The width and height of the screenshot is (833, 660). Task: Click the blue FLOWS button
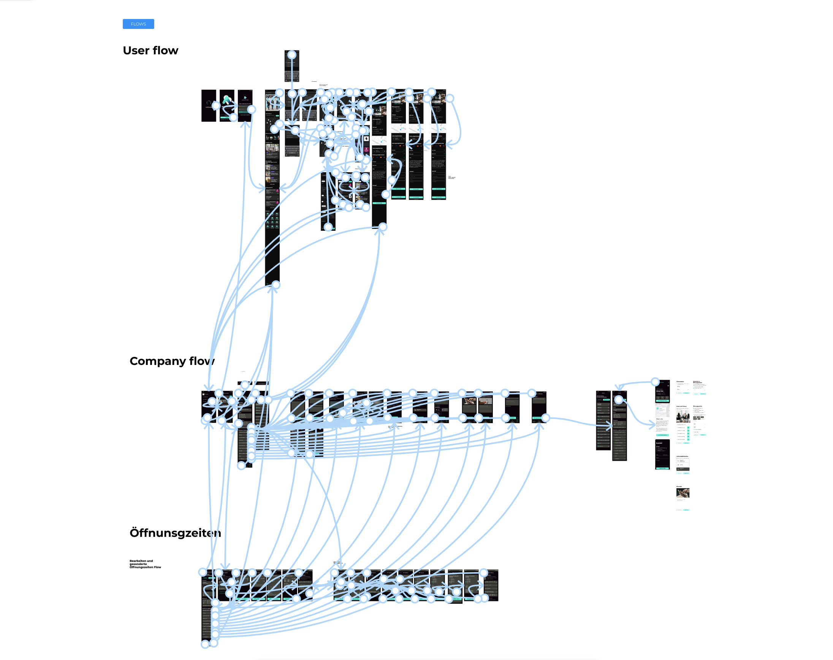[x=138, y=24]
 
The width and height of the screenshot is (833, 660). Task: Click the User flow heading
[x=150, y=51]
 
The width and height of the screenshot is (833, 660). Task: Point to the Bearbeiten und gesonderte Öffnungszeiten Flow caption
[x=145, y=564]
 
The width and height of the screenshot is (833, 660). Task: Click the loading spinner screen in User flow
[x=208, y=105]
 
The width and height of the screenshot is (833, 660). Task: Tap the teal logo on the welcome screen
[x=227, y=99]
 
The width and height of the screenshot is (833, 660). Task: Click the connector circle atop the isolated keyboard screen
[x=292, y=55]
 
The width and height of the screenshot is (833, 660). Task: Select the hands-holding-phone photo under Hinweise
[x=683, y=493]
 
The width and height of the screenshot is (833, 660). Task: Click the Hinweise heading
[x=679, y=487]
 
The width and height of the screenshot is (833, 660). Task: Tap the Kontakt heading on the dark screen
[x=659, y=443]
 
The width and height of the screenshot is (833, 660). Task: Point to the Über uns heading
[x=659, y=419]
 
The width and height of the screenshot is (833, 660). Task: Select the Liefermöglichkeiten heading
[x=682, y=456]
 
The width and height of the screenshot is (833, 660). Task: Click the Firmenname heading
[x=680, y=381]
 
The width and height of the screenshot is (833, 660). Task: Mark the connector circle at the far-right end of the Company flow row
[x=545, y=418]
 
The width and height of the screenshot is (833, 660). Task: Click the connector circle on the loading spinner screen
[x=215, y=105]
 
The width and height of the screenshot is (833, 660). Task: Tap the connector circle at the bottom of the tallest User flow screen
[x=276, y=285]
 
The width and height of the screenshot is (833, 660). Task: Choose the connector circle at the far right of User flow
[x=450, y=98]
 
